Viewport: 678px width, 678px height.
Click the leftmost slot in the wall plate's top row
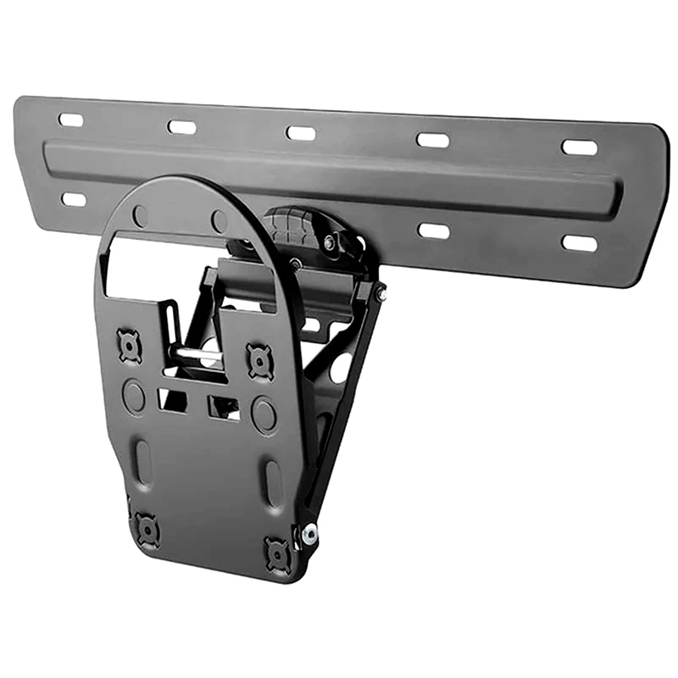(x=71, y=120)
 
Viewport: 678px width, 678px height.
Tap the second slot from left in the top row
(x=181, y=127)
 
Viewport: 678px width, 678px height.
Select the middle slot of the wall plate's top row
(x=301, y=133)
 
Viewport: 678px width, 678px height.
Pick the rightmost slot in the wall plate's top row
(x=580, y=147)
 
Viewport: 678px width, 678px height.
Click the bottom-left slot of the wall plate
(x=74, y=199)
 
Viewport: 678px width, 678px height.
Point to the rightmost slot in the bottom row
(x=580, y=243)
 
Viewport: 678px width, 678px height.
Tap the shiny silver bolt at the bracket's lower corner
(x=310, y=534)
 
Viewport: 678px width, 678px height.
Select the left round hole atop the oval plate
(x=140, y=216)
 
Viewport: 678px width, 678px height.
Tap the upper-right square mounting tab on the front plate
(x=259, y=361)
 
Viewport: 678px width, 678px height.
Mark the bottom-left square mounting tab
(x=147, y=530)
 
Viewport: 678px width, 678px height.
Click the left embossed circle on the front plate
(x=133, y=395)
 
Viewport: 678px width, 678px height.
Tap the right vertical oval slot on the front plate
(x=273, y=483)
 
